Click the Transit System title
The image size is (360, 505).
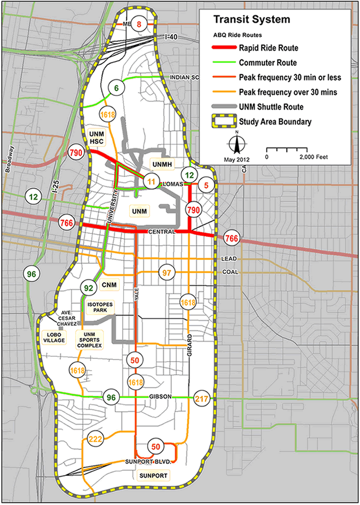pyautogui.click(x=251, y=20)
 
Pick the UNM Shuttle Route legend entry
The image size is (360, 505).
pyautogui.click(x=274, y=107)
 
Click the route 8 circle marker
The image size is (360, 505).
pyautogui.click(x=138, y=22)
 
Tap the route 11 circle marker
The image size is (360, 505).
pyautogui.click(x=151, y=181)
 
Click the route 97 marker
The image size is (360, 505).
pyautogui.click(x=167, y=272)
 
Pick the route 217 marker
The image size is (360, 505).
pyautogui.click(x=201, y=398)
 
